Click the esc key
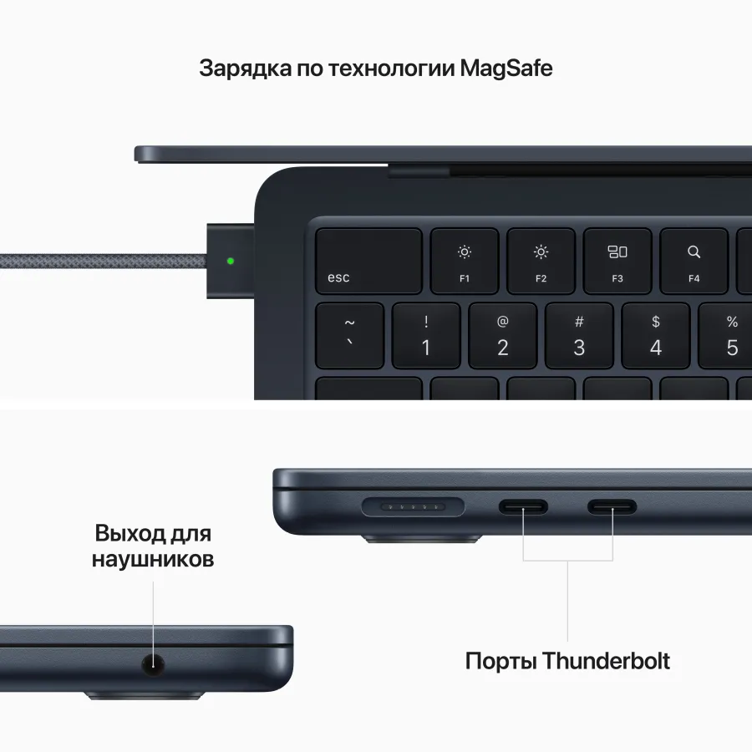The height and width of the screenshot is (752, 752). click(x=368, y=261)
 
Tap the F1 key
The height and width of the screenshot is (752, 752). click(x=465, y=261)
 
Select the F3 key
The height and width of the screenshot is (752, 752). click(x=617, y=261)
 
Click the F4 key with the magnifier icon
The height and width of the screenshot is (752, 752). click(x=694, y=261)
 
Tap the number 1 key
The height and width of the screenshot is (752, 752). click(x=426, y=336)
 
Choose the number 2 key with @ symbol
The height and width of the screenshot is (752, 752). click(x=502, y=336)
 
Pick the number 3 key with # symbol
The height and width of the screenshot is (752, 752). click(x=579, y=336)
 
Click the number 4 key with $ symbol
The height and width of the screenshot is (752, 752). click(x=656, y=336)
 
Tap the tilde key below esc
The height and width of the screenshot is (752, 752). click(x=349, y=336)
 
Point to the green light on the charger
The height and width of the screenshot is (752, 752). click(x=231, y=261)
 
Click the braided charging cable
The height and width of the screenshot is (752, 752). click(x=100, y=261)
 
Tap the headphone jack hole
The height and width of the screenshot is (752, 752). click(x=153, y=665)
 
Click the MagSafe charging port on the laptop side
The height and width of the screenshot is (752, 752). click(x=414, y=506)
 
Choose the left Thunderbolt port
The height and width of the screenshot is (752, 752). click(x=524, y=506)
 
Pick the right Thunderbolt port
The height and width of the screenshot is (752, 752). click(x=612, y=506)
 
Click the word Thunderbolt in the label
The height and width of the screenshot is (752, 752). click(x=606, y=661)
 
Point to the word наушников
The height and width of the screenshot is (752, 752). click(x=153, y=558)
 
